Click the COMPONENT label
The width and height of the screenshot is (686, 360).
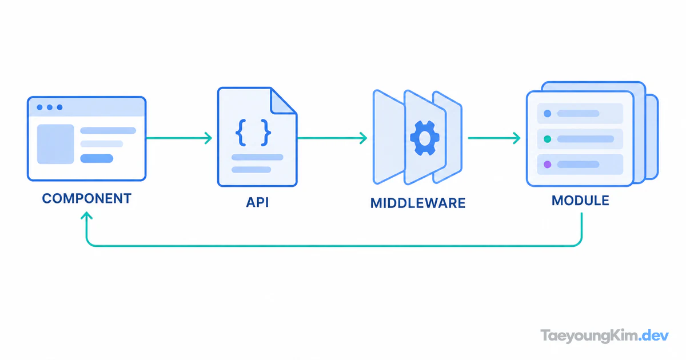tap(87, 198)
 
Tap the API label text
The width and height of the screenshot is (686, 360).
tap(257, 202)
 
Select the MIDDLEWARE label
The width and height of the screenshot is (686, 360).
tap(418, 203)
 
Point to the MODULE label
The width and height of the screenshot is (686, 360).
tap(580, 201)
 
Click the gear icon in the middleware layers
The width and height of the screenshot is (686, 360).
tap(425, 138)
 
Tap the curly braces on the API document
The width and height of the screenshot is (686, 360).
tap(253, 133)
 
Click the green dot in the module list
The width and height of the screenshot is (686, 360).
tap(547, 139)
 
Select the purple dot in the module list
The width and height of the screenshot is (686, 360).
tap(547, 165)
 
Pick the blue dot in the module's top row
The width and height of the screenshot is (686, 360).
tap(547, 114)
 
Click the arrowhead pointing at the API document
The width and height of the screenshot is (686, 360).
tap(209, 138)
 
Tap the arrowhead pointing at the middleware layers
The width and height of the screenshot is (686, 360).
tap(364, 138)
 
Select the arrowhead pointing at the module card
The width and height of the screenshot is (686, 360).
tap(517, 138)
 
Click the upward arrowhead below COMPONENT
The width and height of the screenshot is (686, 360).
tap(87, 215)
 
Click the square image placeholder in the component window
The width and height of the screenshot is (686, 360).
tap(55, 144)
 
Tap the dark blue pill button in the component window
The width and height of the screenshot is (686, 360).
tap(97, 159)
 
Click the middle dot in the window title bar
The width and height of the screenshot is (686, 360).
tap(50, 107)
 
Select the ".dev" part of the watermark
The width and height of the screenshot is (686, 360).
tap(654, 336)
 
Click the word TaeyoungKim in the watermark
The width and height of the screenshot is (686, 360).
tap(589, 336)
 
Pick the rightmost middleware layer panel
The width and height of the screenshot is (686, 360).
tap(448, 137)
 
